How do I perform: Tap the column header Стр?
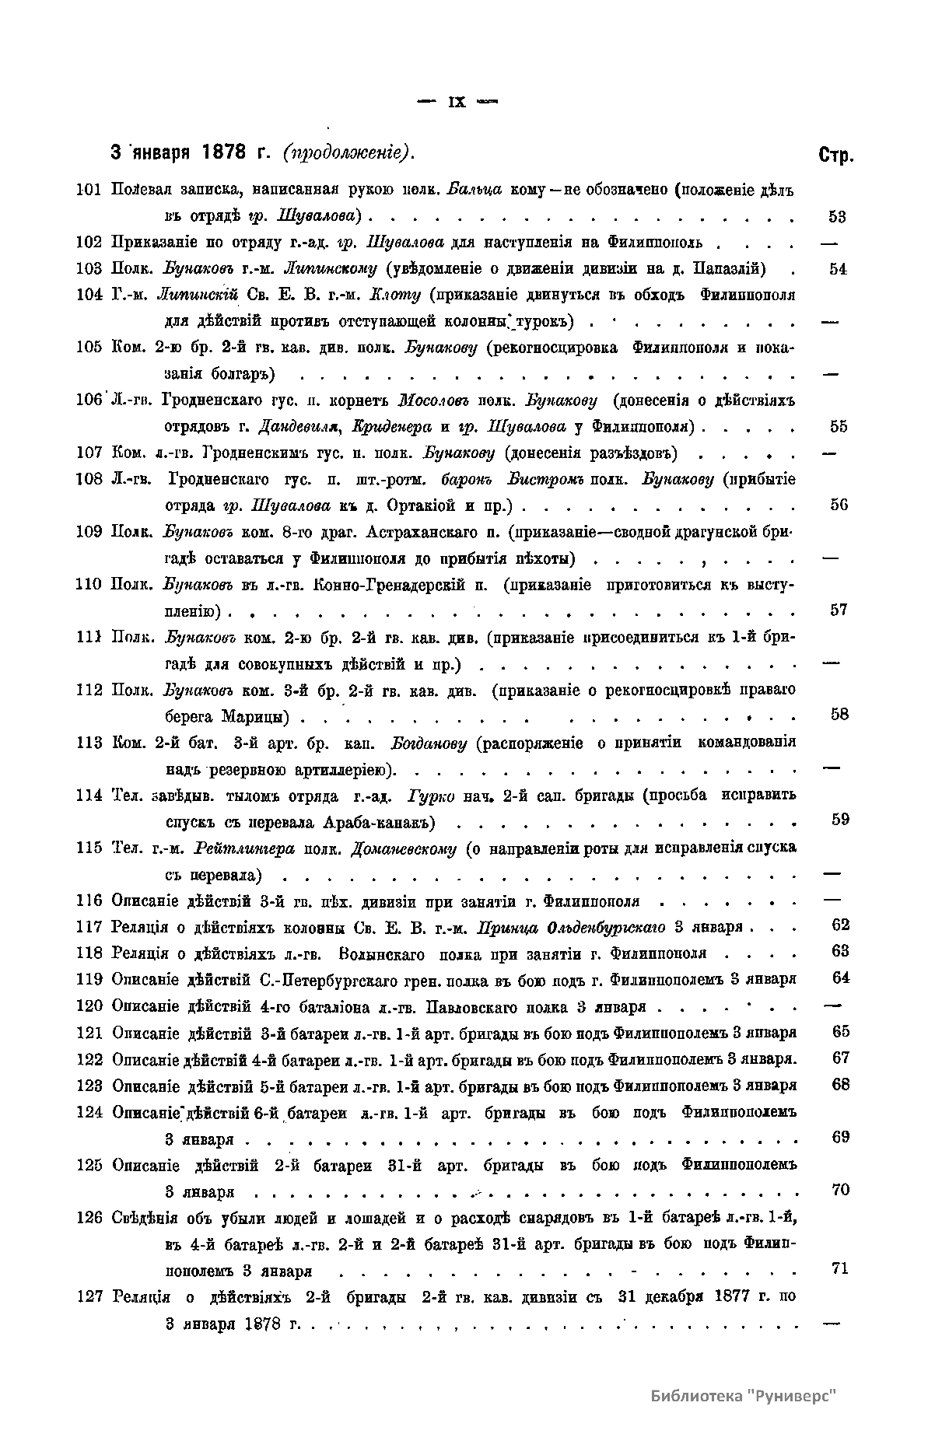pos(835,155)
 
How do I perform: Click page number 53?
pos(838,216)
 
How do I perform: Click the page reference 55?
pos(838,426)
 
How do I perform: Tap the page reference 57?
pos(838,610)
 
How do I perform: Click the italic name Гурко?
pos(425,796)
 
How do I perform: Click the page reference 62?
pos(839,925)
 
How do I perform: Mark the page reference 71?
pos(839,1268)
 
